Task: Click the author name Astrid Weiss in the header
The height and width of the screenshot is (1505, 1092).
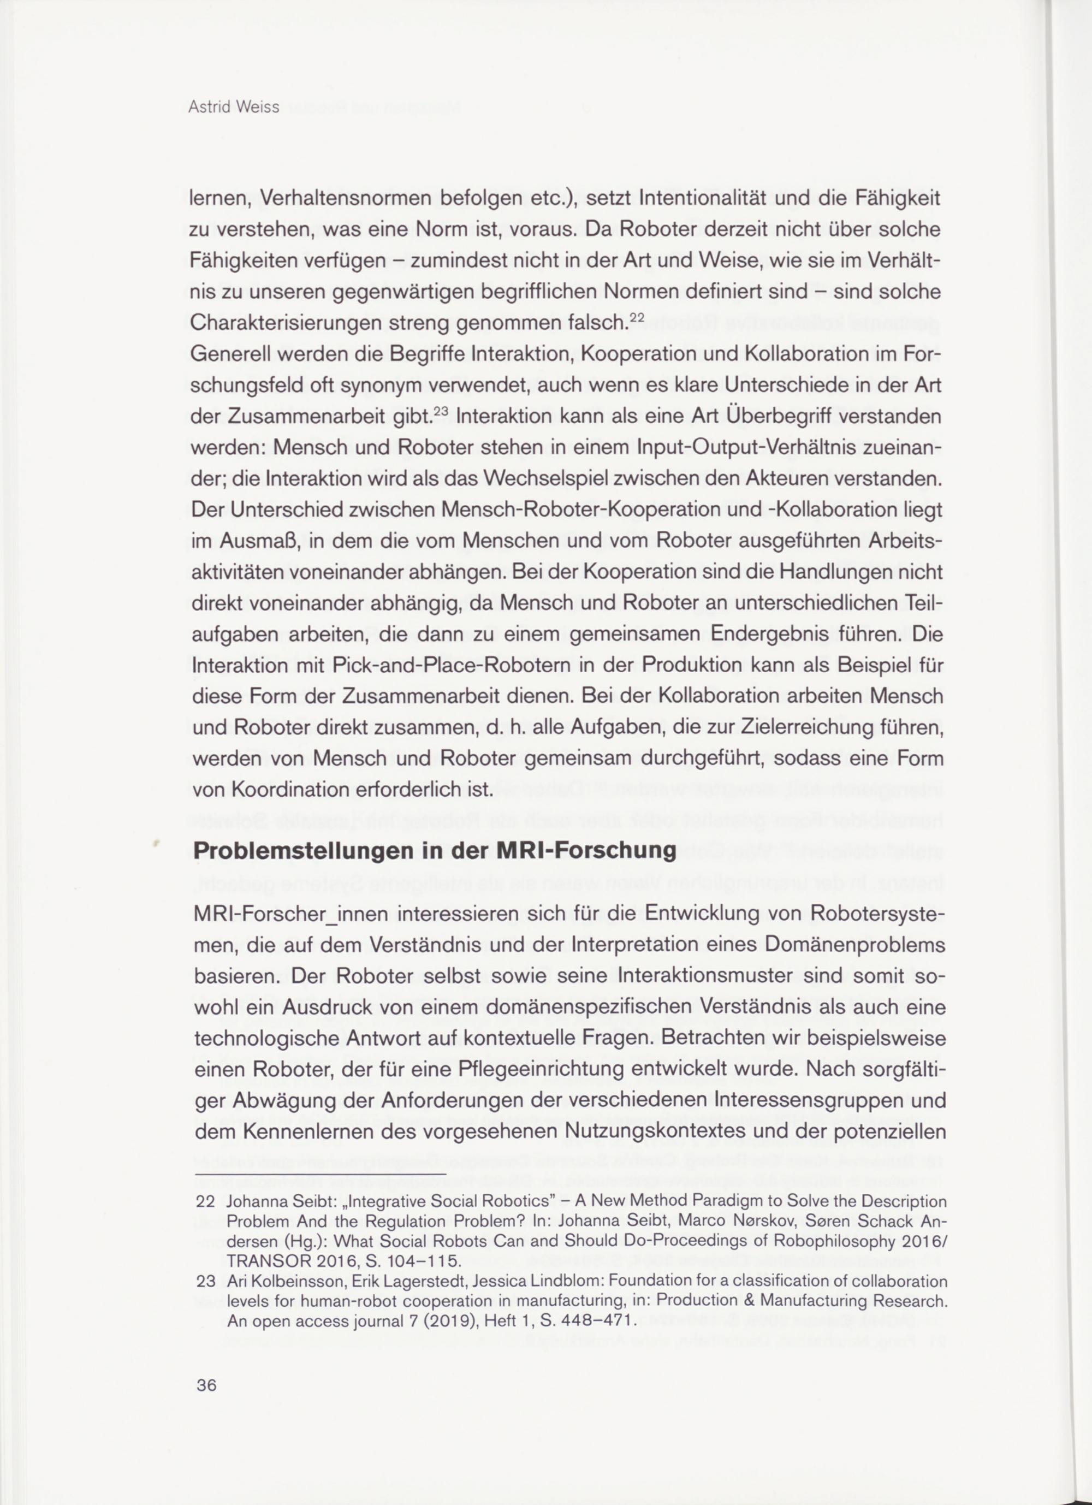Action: [x=234, y=107]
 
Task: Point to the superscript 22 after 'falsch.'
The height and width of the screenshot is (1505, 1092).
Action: [x=637, y=318]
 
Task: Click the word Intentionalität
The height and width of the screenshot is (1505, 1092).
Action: [x=714, y=198]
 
